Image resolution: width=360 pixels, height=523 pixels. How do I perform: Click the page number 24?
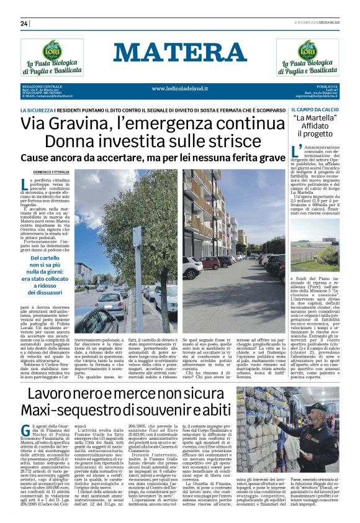click(x=25, y=24)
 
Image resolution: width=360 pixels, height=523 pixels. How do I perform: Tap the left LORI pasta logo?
click(x=52, y=52)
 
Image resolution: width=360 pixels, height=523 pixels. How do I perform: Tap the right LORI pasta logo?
click(x=308, y=52)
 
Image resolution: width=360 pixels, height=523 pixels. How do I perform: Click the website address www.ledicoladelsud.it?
click(x=180, y=89)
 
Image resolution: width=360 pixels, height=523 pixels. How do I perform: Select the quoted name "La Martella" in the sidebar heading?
click(x=315, y=118)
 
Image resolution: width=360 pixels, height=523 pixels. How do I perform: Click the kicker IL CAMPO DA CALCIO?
click(x=315, y=109)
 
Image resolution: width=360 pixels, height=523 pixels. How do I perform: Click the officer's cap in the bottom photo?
click(x=317, y=409)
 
